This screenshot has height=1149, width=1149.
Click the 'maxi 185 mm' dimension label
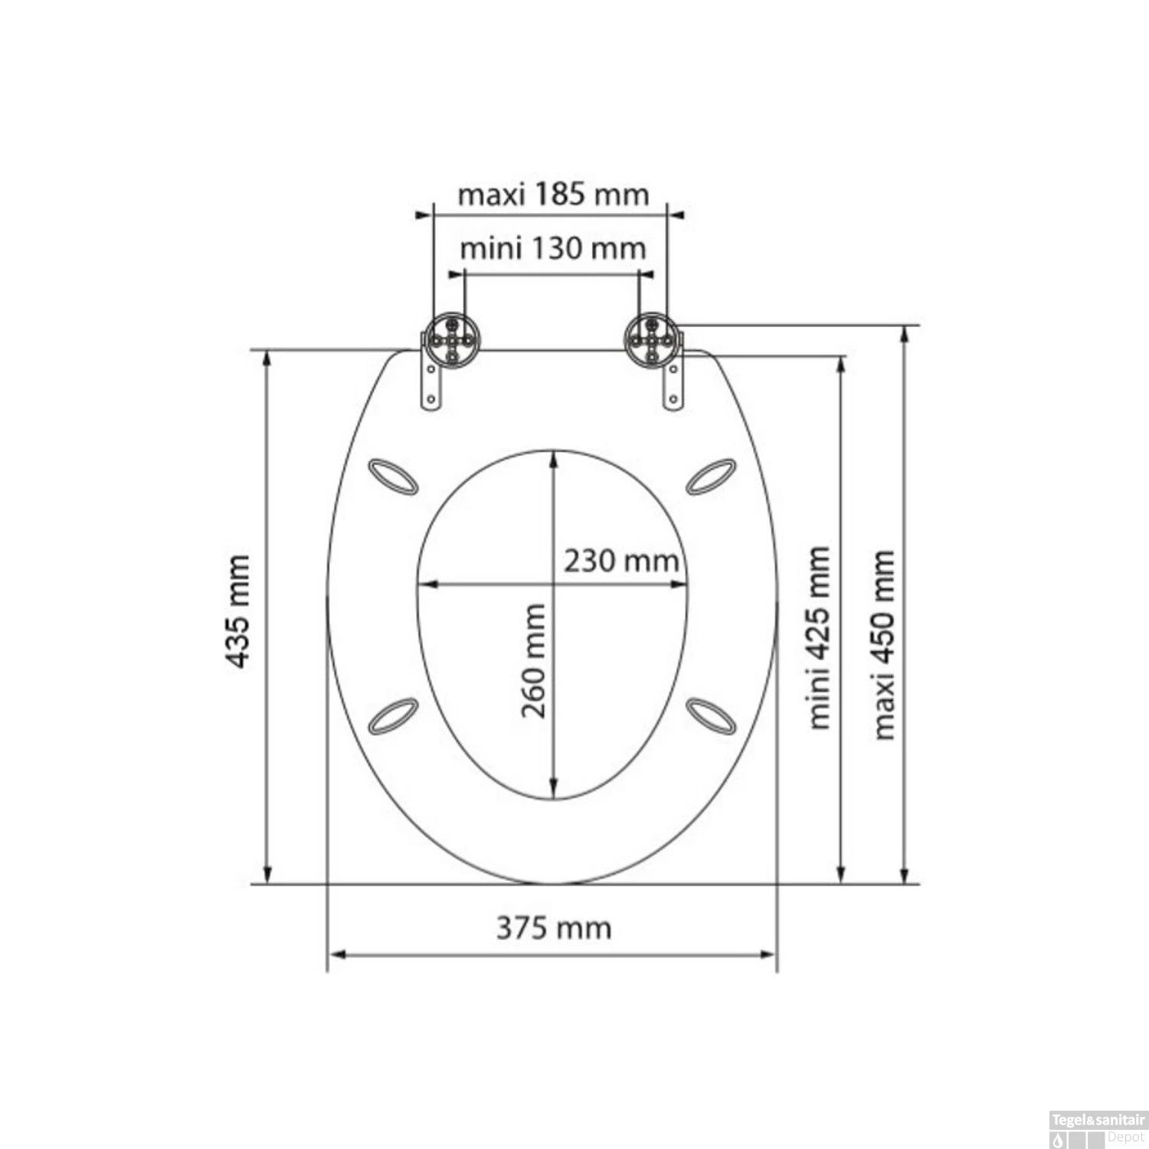(x=553, y=195)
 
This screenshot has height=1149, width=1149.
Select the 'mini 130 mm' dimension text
(x=553, y=249)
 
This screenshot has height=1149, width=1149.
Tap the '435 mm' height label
(x=240, y=612)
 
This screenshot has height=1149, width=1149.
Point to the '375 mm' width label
(x=554, y=928)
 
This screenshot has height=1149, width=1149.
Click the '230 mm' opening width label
(x=621, y=561)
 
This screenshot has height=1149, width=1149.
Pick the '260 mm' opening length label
(x=534, y=661)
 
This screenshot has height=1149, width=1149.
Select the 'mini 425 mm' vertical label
(x=819, y=637)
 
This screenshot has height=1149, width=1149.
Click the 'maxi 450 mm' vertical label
(x=884, y=644)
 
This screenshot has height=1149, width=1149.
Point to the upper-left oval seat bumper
(x=393, y=476)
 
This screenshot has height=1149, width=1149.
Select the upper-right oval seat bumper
(x=711, y=476)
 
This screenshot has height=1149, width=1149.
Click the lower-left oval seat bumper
(x=393, y=715)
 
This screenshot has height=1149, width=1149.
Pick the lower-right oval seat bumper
(x=711, y=715)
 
